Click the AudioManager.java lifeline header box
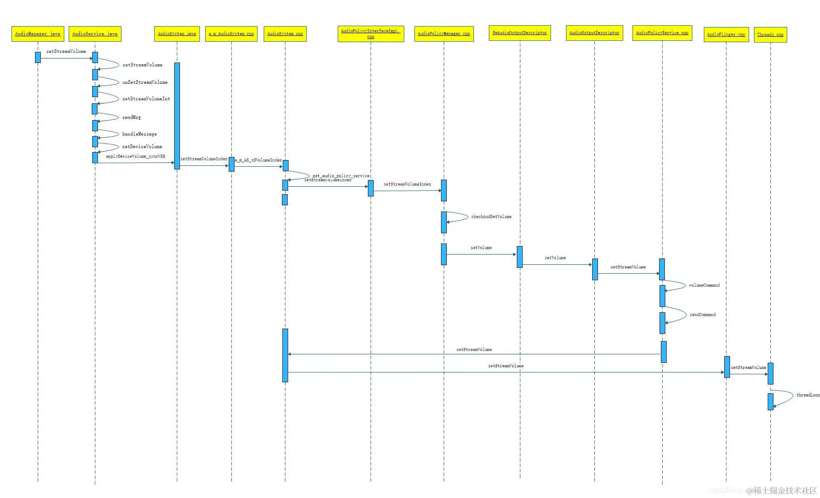coord(38,34)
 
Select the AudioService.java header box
coord(95,34)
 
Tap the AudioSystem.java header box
coord(177,34)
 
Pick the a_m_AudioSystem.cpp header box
coord(231,34)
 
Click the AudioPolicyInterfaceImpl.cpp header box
coord(371,34)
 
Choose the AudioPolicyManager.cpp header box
coord(444,34)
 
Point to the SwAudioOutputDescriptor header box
coord(519,33)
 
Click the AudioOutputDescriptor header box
coord(594,33)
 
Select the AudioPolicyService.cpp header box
coord(662,33)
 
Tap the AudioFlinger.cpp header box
coord(726,35)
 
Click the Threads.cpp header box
coord(770,35)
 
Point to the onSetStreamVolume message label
coord(145,82)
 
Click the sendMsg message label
coord(132,118)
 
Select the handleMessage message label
coord(139,134)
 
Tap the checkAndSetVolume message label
coord(491,217)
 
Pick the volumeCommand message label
coord(704,286)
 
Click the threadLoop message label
coord(808,395)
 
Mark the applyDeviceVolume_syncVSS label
coord(135,157)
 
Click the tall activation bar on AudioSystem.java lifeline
coord(177,115)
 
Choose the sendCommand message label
coord(703,315)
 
